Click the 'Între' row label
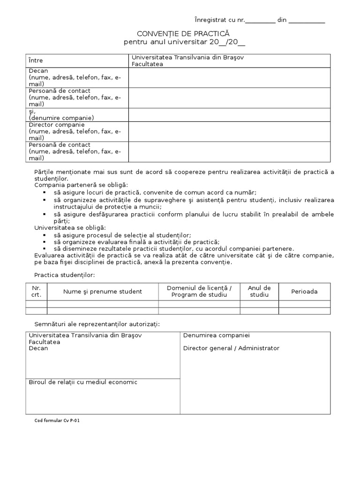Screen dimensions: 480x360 (36, 60)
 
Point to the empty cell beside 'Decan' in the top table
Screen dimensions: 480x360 (230, 77)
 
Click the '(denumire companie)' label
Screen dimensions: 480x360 (61, 118)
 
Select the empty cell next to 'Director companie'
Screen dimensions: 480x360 (230, 131)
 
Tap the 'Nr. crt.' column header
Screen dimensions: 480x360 (37, 291)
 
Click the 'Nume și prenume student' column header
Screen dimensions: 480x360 (103, 292)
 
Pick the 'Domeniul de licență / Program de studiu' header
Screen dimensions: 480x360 (199, 291)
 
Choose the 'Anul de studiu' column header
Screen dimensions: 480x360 (259, 291)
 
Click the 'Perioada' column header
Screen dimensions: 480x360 (304, 292)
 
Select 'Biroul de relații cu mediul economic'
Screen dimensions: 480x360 (83, 382)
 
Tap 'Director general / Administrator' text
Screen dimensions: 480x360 (231, 348)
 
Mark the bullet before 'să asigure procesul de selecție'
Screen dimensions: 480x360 (45, 235)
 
